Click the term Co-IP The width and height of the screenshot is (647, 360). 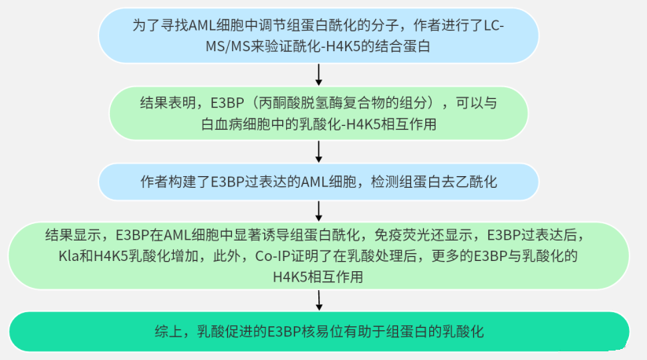coord(273,256)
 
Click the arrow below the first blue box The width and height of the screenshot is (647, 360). coord(319,74)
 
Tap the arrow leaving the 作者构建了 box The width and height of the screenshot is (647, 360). coord(319,209)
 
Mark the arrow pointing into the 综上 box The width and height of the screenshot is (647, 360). coord(319,300)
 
